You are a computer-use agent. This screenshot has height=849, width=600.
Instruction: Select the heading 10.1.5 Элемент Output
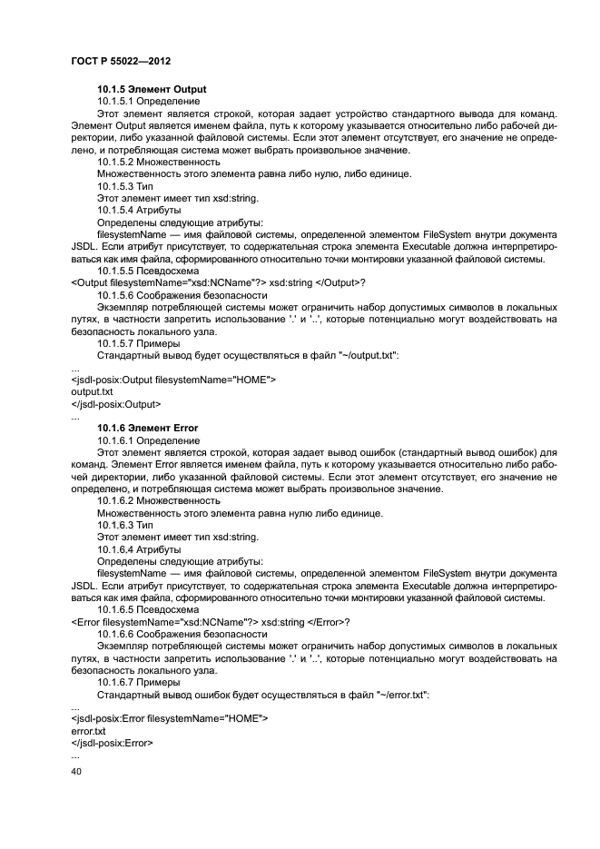pyautogui.click(x=152, y=89)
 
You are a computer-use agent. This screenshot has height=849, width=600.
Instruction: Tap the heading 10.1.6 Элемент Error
pyautogui.click(x=147, y=428)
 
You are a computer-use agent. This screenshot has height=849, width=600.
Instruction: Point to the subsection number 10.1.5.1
pyautogui.click(x=115, y=102)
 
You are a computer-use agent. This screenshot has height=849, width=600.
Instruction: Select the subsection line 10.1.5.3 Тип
pyautogui.click(x=127, y=185)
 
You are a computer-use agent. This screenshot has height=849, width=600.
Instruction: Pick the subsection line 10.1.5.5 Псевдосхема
pyautogui.click(x=148, y=271)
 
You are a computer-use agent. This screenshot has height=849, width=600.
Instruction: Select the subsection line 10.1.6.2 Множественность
pyautogui.click(x=159, y=500)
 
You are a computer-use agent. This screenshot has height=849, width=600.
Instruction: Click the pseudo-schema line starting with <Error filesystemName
pyautogui.click(x=210, y=622)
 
